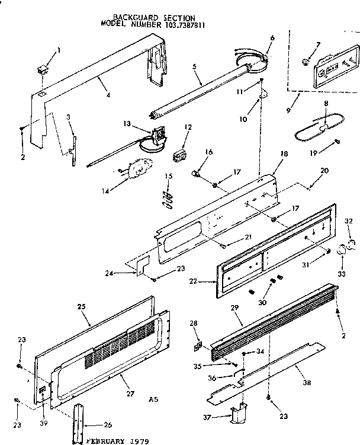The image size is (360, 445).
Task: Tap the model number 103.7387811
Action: [176, 25]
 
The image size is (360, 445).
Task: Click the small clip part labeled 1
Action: [42, 70]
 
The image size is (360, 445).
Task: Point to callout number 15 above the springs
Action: [168, 176]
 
